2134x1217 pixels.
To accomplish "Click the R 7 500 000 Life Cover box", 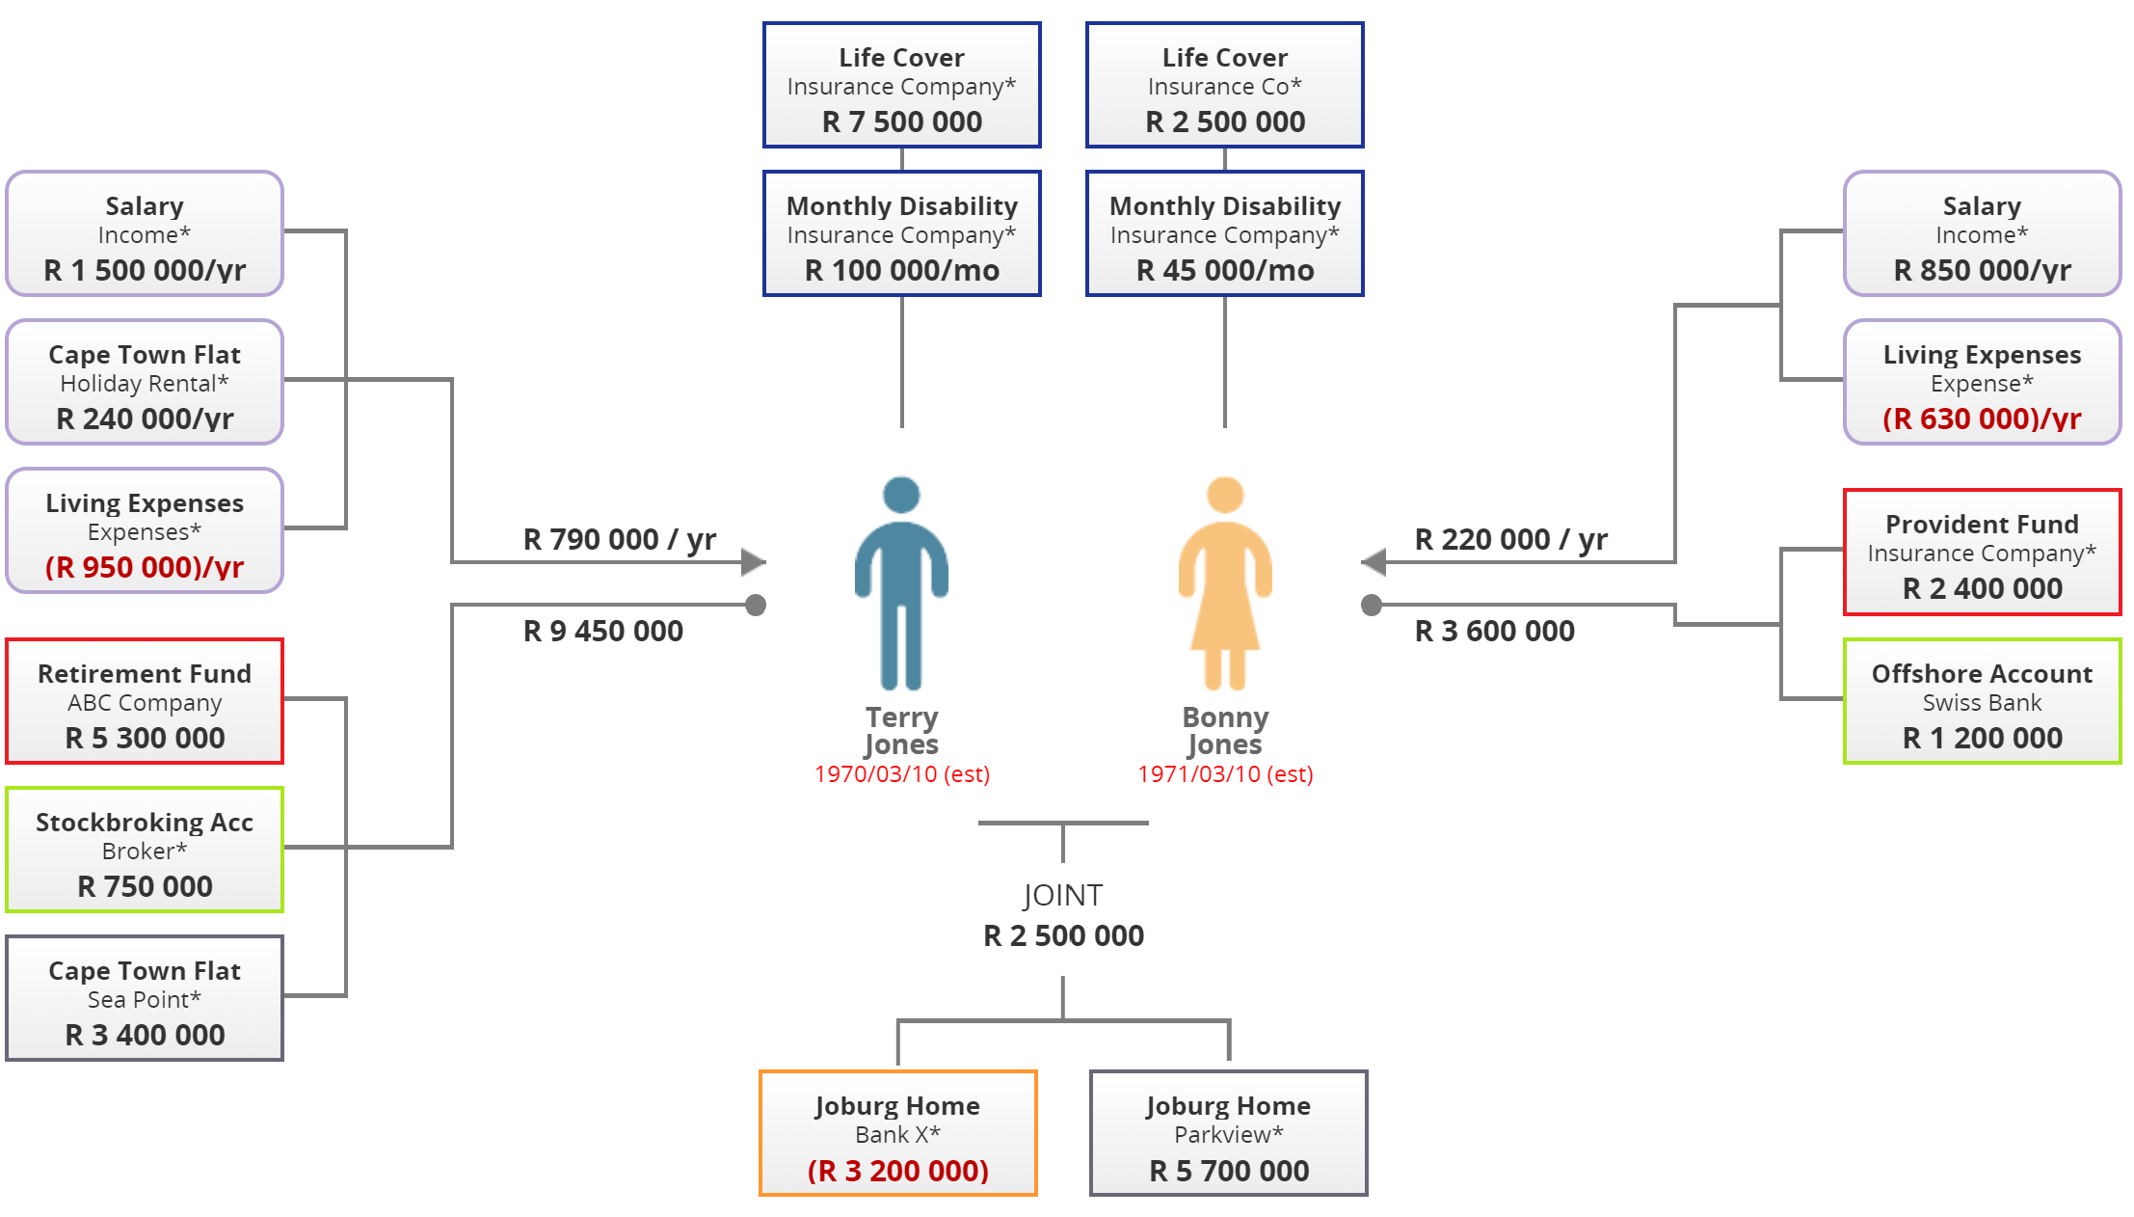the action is (x=901, y=86).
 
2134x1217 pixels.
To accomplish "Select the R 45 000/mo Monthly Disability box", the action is (x=1224, y=234).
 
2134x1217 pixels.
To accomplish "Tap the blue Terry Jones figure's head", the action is (x=901, y=495).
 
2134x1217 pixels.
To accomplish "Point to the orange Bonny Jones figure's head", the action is (x=1224, y=495).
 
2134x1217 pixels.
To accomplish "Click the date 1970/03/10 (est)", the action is (x=901, y=774).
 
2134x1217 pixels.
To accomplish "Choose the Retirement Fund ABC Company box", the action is (x=145, y=701).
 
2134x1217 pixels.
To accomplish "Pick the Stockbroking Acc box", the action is (x=145, y=850).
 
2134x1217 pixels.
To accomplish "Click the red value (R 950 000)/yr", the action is (x=145, y=567).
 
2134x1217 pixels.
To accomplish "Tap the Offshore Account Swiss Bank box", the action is (x=1982, y=701).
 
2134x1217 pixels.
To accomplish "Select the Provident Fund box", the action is (x=1982, y=553).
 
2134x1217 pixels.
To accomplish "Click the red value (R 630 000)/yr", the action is (x=1982, y=419).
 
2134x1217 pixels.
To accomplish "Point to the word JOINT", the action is (x=1062, y=895).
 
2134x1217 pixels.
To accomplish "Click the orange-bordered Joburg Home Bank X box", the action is (x=897, y=1133).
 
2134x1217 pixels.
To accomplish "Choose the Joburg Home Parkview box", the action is (x=1228, y=1133).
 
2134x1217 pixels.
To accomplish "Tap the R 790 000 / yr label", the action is (x=619, y=539).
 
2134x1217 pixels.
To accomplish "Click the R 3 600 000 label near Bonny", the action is (x=1494, y=631).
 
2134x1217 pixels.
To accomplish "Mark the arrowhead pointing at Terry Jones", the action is (x=754, y=561).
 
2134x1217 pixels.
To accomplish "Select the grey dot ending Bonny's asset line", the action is (x=1371, y=605).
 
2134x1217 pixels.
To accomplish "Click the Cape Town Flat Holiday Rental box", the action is (x=145, y=383).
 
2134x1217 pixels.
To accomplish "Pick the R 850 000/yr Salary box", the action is (x=1982, y=234).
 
